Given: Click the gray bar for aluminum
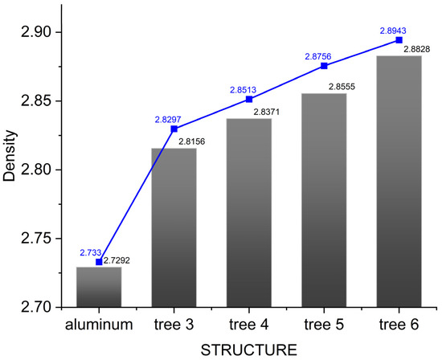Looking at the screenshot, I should click(x=99, y=287).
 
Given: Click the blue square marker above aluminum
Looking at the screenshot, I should click(x=99, y=262).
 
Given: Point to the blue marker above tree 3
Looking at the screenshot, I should click(x=174, y=129).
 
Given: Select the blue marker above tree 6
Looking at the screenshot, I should click(x=399, y=40).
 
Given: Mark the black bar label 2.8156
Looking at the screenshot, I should click(x=193, y=142).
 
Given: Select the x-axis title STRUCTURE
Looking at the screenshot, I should click(x=248, y=350).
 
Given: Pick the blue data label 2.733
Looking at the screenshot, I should click(x=89, y=252).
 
